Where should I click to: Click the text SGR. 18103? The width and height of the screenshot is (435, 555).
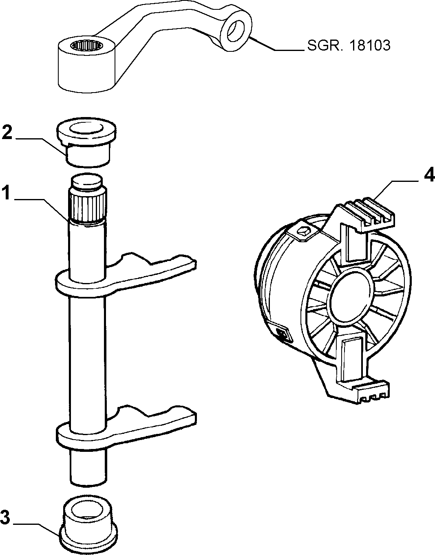coord(349,45)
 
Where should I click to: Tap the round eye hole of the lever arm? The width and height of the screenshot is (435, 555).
coord(236,31)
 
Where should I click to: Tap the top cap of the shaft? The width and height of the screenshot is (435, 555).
coord(86,181)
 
